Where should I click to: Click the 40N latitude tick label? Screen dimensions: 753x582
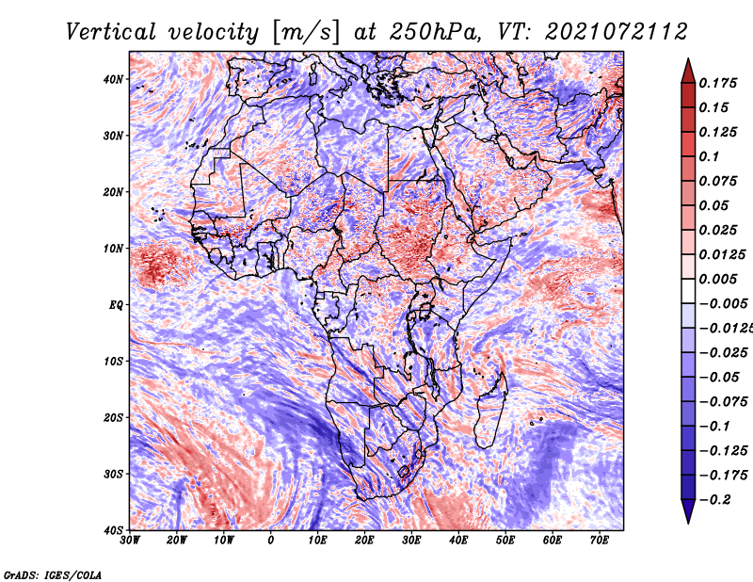click(113, 79)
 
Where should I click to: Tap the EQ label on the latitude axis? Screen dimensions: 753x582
click(116, 305)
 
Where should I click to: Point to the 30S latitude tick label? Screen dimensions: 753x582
click(113, 474)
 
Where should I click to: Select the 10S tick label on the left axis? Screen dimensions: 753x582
click(113, 361)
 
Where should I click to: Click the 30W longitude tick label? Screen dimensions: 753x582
click(130, 541)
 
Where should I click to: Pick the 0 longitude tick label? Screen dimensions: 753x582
click(271, 541)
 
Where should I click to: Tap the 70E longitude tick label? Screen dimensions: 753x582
click(600, 541)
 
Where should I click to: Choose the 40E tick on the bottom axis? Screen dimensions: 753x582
click(458, 541)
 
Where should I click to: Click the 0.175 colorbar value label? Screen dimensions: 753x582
click(717, 83)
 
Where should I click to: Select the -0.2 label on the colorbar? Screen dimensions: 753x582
click(714, 500)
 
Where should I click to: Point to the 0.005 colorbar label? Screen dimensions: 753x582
click(717, 279)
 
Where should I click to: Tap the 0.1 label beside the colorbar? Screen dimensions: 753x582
click(709, 156)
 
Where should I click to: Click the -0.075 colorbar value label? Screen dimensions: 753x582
click(723, 402)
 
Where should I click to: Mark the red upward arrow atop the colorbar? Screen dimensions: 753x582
click(688, 72)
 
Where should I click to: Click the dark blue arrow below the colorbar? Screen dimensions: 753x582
click(688, 511)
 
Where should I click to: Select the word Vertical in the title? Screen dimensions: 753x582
click(111, 32)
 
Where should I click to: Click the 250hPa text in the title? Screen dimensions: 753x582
click(434, 32)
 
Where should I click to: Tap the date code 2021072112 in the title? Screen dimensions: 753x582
click(617, 32)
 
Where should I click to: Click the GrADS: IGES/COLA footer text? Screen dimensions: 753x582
click(53, 574)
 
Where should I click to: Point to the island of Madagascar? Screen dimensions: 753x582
click(490, 411)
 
